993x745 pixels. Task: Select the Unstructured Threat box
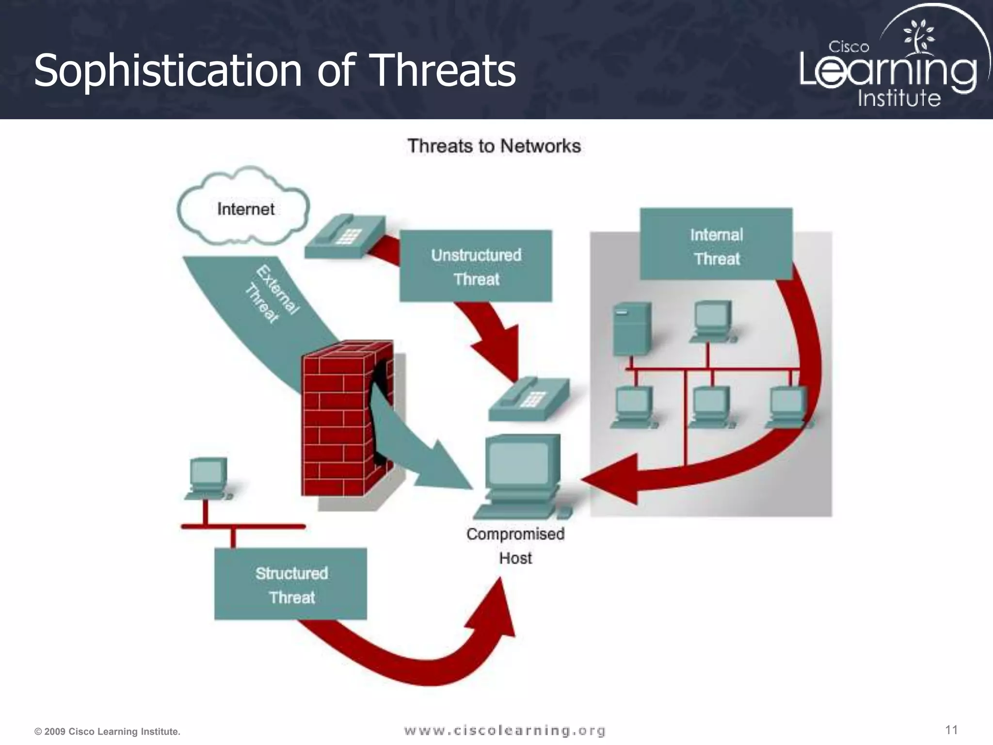(475, 266)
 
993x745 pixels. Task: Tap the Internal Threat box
(716, 245)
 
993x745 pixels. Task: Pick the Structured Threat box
(291, 584)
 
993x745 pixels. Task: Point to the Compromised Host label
(515, 546)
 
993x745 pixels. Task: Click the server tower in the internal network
(631, 329)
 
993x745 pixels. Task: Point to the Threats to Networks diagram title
(494, 146)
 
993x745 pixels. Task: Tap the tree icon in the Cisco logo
(918, 35)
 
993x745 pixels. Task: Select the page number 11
(951, 730)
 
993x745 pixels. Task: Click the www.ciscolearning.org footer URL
(505, 730)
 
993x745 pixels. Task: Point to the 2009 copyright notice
(107, 731)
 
